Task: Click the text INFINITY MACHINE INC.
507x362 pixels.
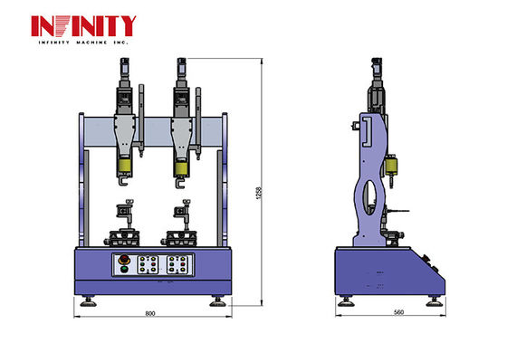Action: [83, 43]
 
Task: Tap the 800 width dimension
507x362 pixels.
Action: [150, 314]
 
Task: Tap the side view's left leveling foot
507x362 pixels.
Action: [345, 301]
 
